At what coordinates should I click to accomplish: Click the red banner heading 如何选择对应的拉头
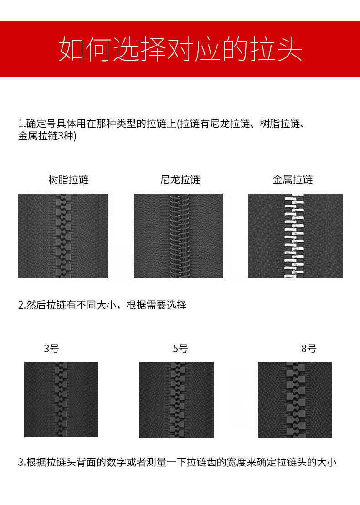click(180, 49)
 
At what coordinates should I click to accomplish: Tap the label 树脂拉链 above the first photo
click(68, 180)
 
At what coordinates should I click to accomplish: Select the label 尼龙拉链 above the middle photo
click(180, 180)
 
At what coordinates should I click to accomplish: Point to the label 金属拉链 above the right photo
click(293, 180)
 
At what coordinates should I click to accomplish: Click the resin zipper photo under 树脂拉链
click(63, 236)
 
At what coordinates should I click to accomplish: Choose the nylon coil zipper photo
click(178, 236)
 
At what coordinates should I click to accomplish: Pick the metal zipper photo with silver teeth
click(295, 236)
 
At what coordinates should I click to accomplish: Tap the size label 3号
click(51, 349)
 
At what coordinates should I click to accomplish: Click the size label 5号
click(180, 349)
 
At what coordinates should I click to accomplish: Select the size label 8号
click(309, 349)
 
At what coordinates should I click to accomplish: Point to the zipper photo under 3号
click(61, 399)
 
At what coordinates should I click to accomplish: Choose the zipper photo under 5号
click(176, 399)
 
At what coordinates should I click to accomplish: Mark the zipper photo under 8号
click(294, 399)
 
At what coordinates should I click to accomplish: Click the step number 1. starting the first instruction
click(21, 124)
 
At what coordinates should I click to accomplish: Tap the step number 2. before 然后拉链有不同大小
click(21, 305)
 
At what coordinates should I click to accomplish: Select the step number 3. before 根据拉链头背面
click(21, 462)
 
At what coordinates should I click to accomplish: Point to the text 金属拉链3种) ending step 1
click(47, 136)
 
